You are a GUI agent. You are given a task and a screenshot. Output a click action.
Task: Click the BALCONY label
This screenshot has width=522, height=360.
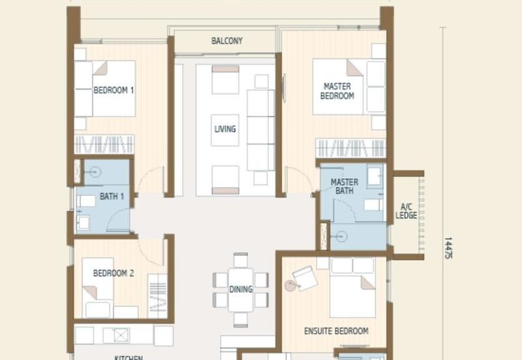point(226,41)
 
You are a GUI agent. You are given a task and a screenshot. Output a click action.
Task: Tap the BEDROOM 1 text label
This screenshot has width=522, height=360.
point(114,91)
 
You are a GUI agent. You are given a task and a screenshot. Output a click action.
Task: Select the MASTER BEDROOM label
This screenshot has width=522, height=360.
point(337,91)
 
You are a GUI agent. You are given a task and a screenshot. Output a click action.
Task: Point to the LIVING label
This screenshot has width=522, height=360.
point(225,129)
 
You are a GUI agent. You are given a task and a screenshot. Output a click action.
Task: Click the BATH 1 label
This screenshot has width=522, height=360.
point(112,196)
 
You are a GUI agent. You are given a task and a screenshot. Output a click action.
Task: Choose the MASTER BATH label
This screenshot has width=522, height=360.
point(344,187)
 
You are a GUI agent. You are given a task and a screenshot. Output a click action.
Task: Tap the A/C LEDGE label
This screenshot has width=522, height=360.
point(407,211)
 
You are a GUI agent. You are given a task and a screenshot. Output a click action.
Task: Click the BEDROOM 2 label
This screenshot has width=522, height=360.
point(113,273)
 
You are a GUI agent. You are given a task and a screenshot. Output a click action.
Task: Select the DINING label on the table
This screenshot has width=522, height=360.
point(241,290)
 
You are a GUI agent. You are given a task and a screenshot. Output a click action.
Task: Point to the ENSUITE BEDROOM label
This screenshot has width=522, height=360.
point(336,331)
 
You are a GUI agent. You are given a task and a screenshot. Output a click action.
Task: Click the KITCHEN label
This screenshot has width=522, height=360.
point(129,357)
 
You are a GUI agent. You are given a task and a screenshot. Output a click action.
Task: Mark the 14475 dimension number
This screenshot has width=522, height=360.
point(448,248)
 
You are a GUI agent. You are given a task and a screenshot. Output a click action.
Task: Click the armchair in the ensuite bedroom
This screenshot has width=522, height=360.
point(305,279)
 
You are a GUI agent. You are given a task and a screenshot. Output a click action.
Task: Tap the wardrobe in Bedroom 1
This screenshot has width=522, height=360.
point(104,144)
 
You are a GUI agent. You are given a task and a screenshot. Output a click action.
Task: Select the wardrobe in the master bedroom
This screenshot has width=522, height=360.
point(350,147)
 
